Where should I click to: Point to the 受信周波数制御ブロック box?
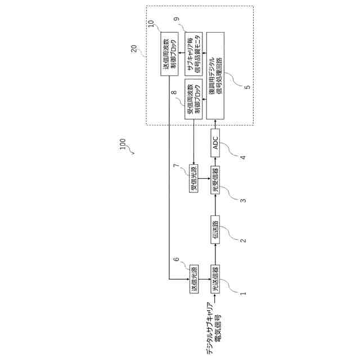[194, 99]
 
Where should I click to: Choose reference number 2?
[243, 240]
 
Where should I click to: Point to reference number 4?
[243, 157]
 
